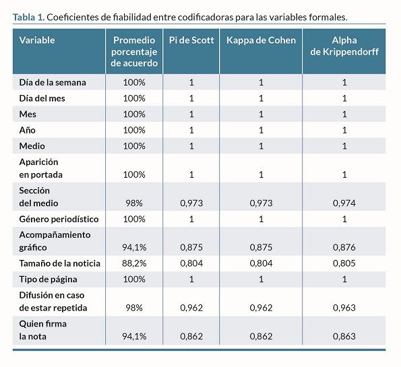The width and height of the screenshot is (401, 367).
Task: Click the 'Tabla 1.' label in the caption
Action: coord(28,17)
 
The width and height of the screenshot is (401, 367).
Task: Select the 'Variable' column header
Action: coord(37,40)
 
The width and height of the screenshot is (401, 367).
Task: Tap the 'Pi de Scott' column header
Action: coord(191,40)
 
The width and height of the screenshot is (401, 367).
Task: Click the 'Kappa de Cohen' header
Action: coord(261,40)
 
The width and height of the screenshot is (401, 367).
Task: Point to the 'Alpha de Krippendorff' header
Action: coord(344,46)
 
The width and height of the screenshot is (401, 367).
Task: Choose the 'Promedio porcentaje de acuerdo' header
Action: coord(134,52)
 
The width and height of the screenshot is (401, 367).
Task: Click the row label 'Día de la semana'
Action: coord(53,83)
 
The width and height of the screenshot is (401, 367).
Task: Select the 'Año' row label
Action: coord(28,130)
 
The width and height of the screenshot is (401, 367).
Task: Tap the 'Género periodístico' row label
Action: coord(59,219)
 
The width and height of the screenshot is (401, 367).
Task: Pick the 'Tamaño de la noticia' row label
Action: coord(59,263)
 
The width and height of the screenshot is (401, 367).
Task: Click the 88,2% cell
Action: coord(134,263)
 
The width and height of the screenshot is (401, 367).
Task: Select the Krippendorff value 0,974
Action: coord(344,203)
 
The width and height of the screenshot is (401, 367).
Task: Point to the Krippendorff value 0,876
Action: coord(344,247)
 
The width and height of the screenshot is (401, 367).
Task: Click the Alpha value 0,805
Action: coord(344,263)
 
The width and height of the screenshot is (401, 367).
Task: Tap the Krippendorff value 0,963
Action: coord(344,308)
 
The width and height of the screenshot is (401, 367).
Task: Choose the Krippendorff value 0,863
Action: coord(344,336)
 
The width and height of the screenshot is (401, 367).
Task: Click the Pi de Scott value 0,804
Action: coord(191,263)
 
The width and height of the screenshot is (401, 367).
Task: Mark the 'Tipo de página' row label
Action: coord(48,279)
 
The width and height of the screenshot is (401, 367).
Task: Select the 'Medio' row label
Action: coord(32,146)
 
